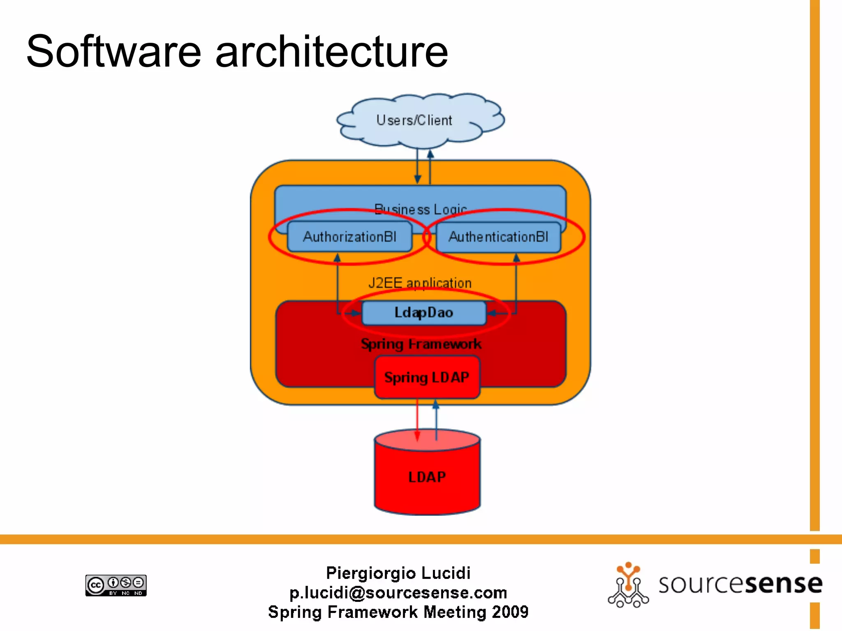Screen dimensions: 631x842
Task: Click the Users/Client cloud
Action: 419,120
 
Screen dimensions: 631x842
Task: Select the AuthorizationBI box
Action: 349,237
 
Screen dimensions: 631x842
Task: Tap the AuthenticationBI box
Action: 498,237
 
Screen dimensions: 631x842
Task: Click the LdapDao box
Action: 423,313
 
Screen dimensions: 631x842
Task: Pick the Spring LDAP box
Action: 427,377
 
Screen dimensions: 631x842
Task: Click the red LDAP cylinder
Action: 427,477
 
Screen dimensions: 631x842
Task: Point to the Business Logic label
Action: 420,209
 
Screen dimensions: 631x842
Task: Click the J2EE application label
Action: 420,283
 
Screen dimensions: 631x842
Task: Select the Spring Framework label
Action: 421,344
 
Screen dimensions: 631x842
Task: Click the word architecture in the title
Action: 331,52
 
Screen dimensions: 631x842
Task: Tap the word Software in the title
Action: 113,52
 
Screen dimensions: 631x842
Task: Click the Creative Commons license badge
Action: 116,585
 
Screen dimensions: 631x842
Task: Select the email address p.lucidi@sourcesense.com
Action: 398,592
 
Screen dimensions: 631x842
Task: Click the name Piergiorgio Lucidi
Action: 398,573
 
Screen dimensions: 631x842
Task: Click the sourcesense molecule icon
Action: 628,585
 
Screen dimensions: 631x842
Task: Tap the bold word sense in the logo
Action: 784,584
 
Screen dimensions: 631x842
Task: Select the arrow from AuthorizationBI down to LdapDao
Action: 338,283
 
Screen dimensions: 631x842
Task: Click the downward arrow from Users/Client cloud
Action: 417,166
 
